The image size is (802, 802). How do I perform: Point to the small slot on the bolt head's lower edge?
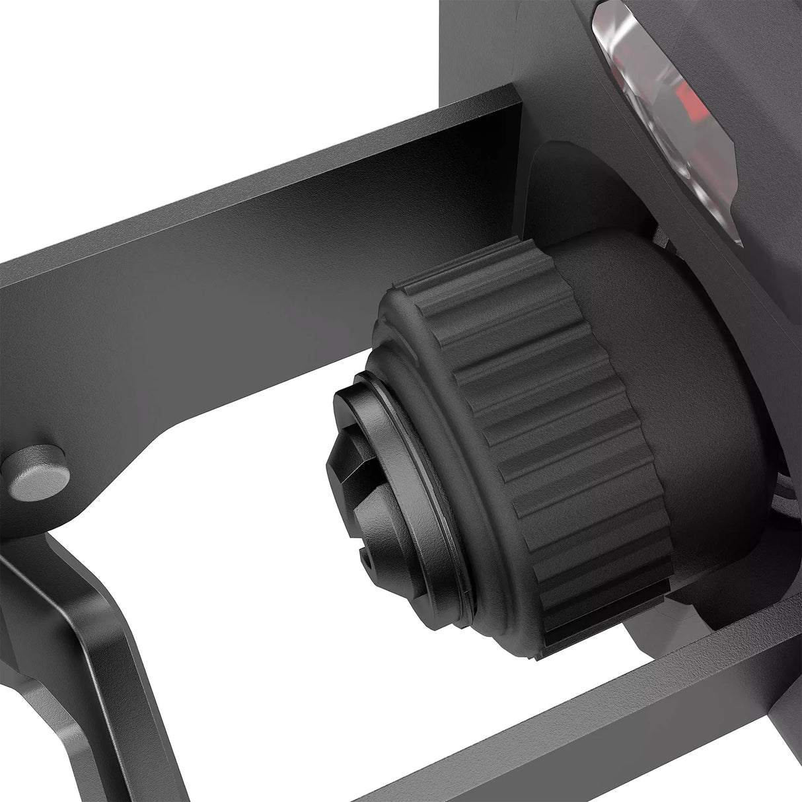pos(365,560)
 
